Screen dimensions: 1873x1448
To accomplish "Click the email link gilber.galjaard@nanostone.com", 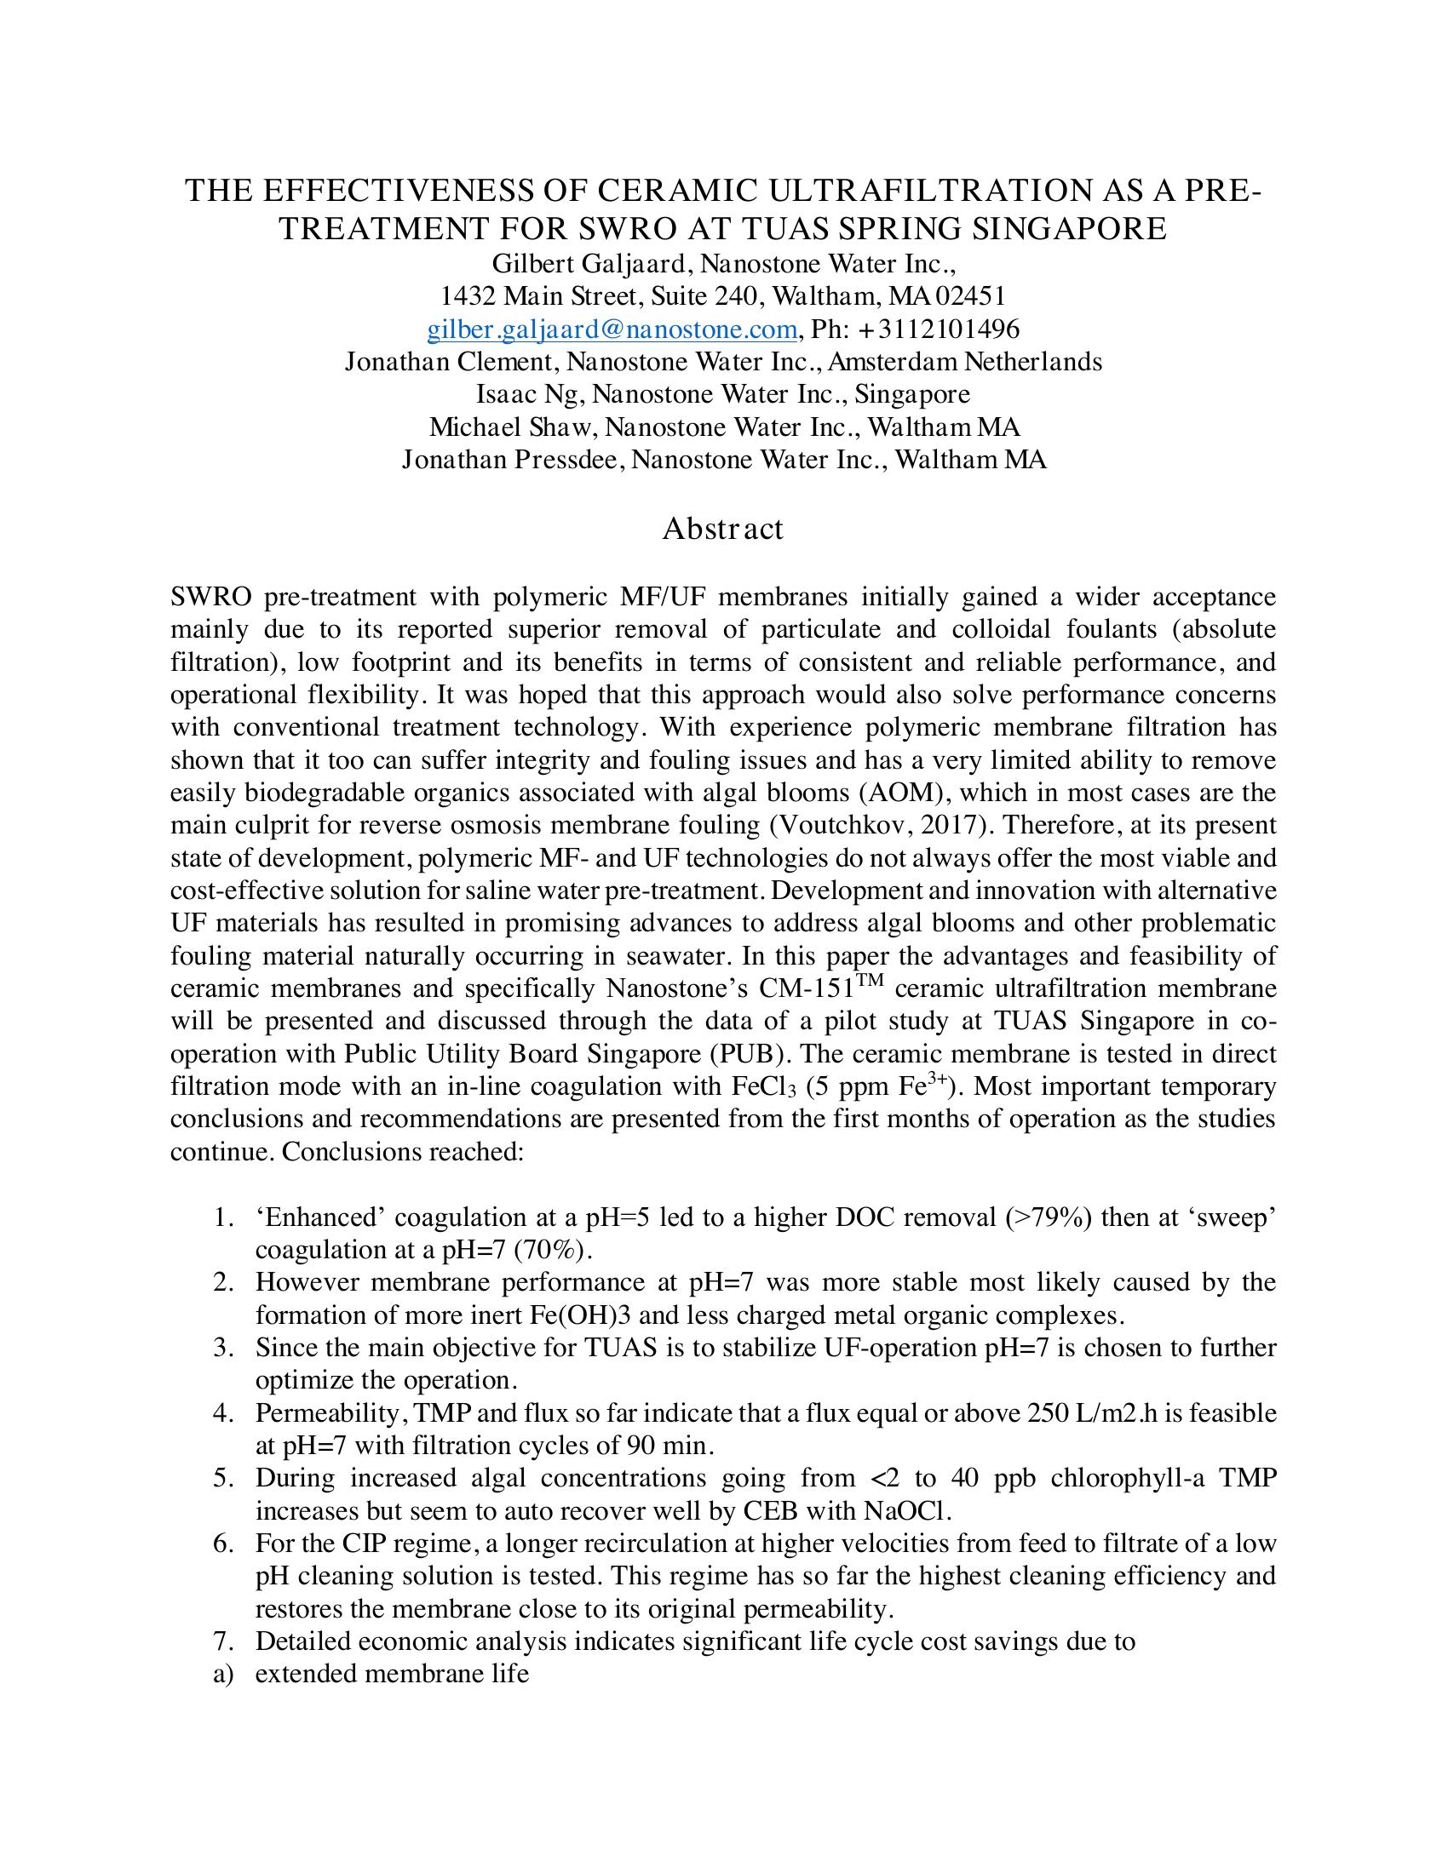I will click(612, 329).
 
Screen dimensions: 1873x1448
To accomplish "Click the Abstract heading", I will click(722, 529).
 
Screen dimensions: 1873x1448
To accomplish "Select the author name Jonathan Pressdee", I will click(514, 460).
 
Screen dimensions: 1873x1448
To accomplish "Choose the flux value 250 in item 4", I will click(1049, 1413).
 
